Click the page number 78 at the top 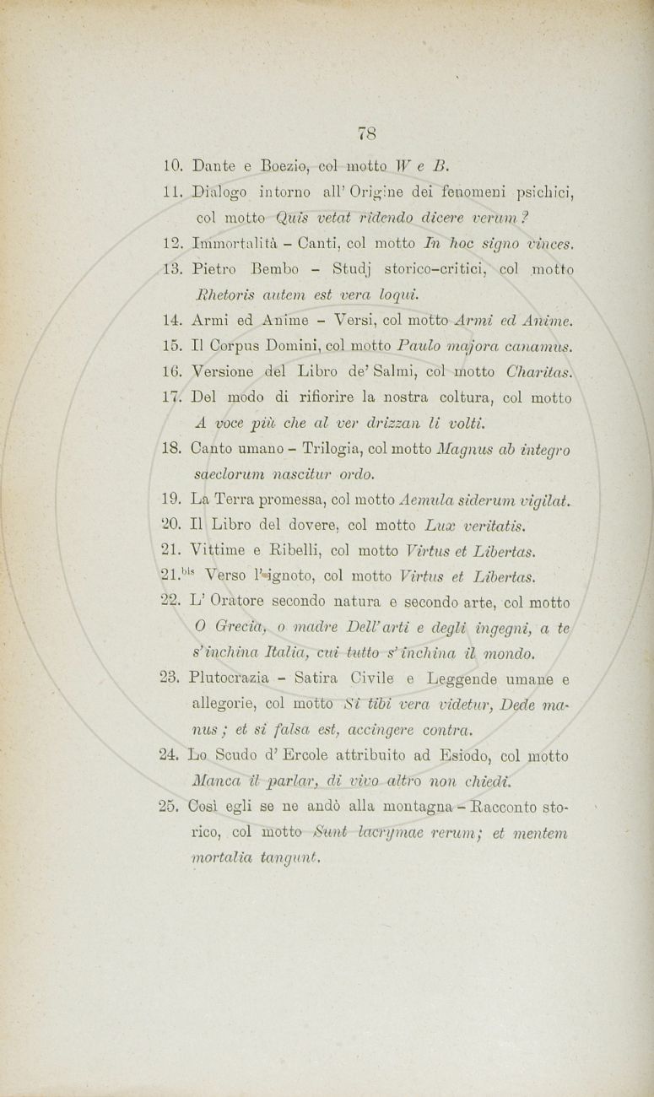[x=366, y=132]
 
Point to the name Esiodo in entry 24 [x=462, y=756]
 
